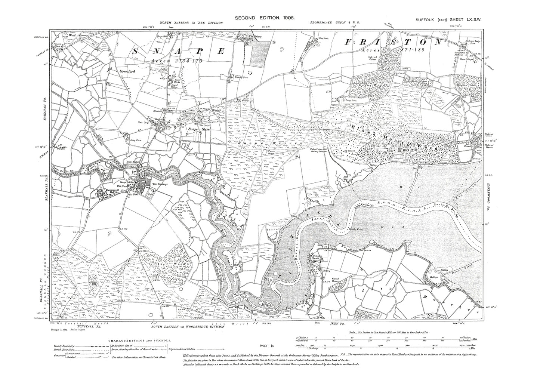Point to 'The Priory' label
click(255, 37)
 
